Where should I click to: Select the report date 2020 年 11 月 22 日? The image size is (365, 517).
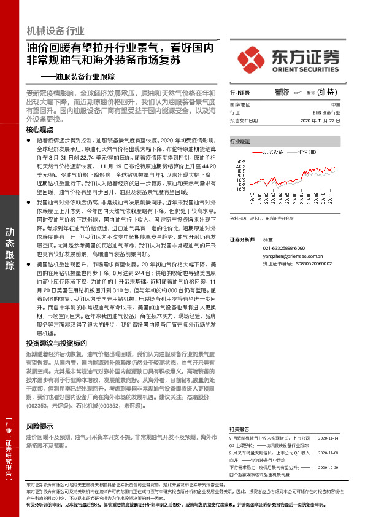[x=320, y=121]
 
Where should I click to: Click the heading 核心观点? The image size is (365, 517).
[x=40, y=131]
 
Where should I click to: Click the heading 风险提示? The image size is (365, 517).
[x=40, y=426]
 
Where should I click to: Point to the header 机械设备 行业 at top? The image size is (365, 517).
[x=55, y=31]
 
